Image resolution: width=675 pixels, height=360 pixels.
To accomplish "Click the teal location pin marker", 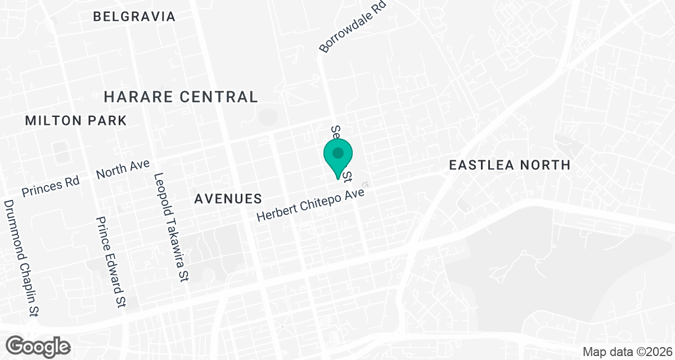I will tap(338, 158).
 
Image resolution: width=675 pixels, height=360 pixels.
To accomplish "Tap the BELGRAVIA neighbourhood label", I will tap(134, 16).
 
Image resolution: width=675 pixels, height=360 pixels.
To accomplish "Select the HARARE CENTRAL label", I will tap(181, 97).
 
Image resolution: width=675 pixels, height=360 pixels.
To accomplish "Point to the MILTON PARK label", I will tap(76, 120).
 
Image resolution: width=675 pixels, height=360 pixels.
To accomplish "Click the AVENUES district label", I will tap(228, 199).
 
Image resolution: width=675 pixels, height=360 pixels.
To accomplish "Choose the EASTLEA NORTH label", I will tap(510, 165).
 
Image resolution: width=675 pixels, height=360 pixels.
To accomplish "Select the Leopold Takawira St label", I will tap(173, 227).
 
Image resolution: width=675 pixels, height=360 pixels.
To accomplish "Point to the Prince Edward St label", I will tap(110, 262).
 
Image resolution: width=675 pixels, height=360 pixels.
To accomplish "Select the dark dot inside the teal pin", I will tap(338, 152).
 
